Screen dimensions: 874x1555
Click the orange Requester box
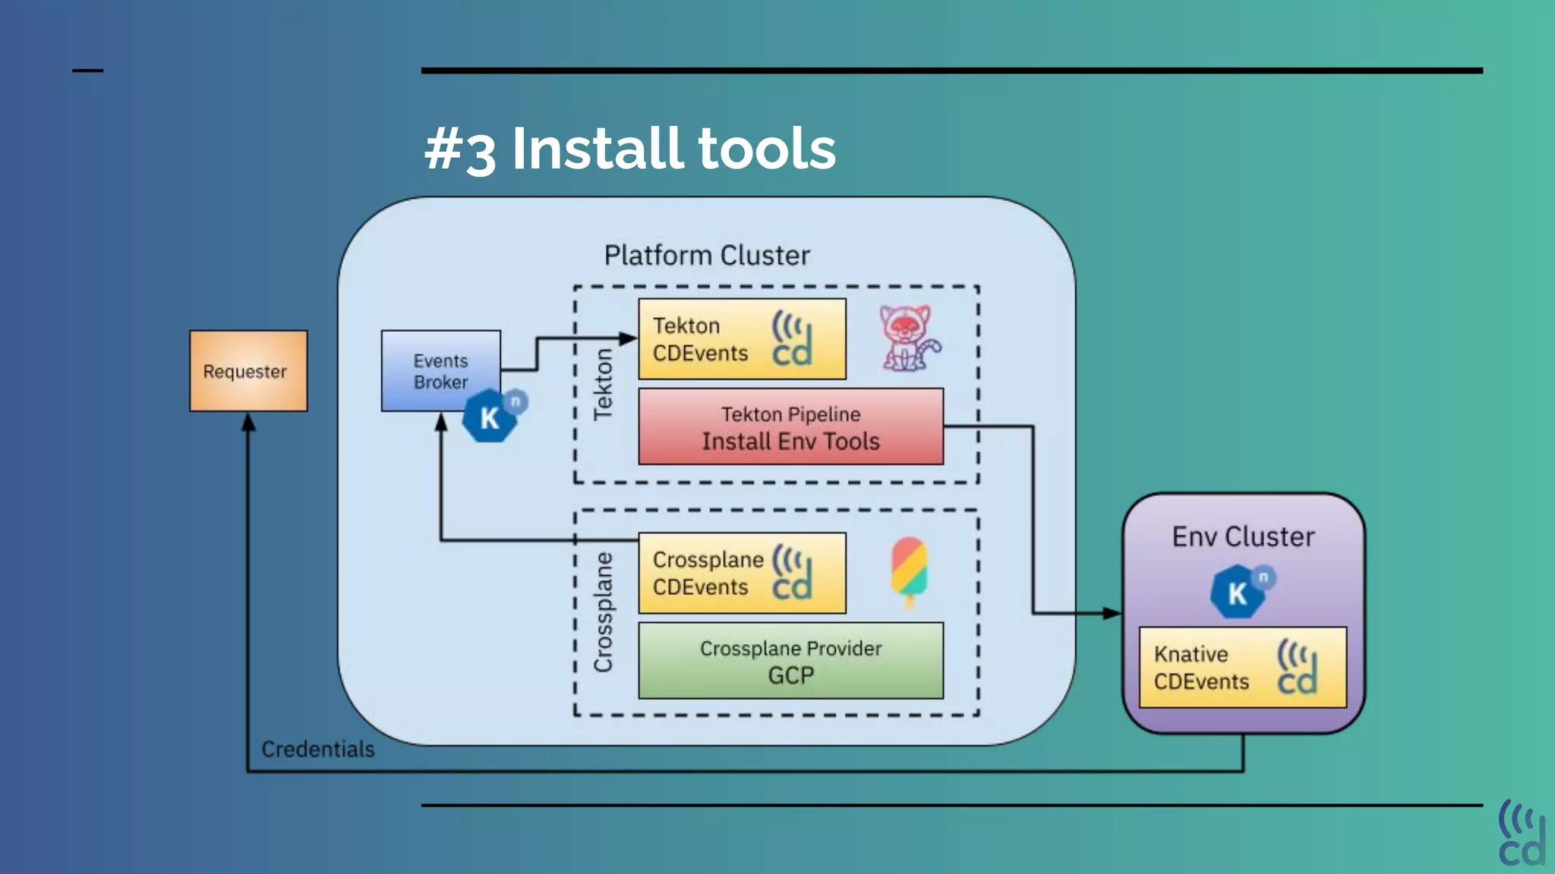248,371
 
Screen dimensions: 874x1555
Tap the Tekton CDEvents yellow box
741,339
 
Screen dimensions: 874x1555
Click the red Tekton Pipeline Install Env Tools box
790,427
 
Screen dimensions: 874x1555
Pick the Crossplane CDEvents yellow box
741,574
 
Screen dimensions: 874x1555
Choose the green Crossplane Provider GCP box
790,661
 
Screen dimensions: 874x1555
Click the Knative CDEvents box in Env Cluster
1242,668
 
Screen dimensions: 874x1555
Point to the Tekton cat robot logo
909,338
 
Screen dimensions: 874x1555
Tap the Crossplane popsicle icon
909,571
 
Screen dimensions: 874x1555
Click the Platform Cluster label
707,256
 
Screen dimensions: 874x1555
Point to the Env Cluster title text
1243,537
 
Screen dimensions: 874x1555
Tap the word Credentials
318,750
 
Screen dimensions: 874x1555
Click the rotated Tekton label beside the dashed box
603,384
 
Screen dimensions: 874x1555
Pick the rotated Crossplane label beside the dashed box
603,612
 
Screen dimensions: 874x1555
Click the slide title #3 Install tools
629,149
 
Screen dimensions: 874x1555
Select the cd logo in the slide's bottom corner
1521,834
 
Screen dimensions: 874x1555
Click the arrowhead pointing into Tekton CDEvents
629,338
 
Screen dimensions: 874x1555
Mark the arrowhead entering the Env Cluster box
1112,613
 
